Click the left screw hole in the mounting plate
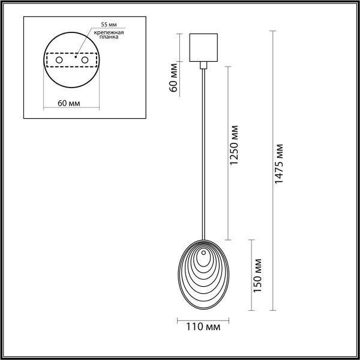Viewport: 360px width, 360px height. [59, 61]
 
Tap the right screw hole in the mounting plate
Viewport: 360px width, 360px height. [85, 61]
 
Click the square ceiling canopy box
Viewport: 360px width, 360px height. [203, 47]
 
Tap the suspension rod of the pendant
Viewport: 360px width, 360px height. [204, 150]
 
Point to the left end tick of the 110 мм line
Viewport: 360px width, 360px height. [179, 318]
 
